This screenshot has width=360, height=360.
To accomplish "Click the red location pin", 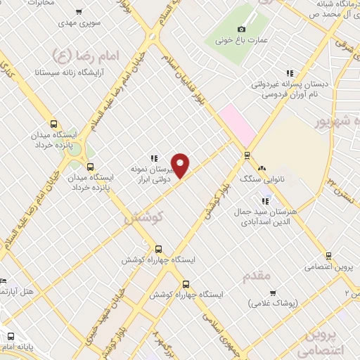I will click(x=181, y=165).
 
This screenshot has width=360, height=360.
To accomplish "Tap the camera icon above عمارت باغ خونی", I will click(x=241, y=29).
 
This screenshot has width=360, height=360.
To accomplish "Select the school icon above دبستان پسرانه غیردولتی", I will click(x=289, y=73).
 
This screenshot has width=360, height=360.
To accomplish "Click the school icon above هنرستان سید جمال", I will click(x=265, y=202).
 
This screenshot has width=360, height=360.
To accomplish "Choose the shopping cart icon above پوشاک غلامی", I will click(x=273, y=292).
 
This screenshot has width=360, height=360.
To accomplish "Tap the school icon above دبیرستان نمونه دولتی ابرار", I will click(x=153, y=159).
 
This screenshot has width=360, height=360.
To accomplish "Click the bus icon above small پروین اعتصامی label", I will click(x=328, y=257).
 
